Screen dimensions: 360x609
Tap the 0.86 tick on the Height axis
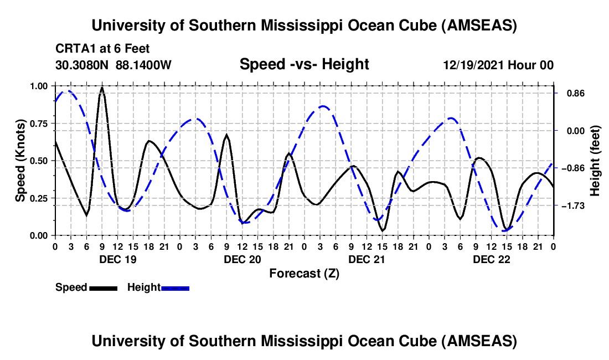point(570,93)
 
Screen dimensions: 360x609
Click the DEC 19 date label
point(117,259)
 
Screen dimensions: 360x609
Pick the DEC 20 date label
point(242,259)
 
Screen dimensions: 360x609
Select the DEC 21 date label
point(367,259)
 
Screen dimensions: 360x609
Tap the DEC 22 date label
point(491,259)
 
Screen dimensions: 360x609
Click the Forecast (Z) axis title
point(304,273)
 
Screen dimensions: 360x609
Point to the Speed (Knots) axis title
point(20,161)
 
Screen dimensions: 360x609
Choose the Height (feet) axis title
point(595,161)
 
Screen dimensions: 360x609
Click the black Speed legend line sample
point(103,287)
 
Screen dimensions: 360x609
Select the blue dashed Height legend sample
point(176,287)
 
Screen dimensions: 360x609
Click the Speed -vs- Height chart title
point(304,64)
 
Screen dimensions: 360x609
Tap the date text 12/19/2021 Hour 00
point(498,65)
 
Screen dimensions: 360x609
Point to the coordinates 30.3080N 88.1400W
point(113,65)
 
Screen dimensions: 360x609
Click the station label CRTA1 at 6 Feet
point(102,49)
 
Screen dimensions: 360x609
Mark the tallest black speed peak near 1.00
point(102,88)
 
